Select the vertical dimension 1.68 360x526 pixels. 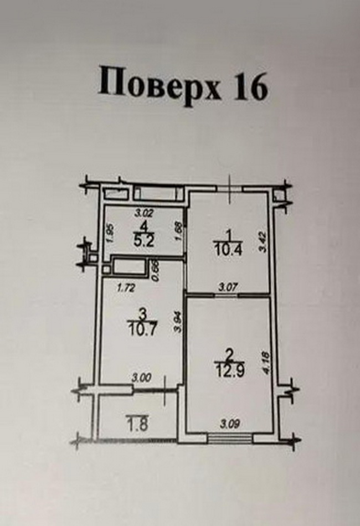[x=178, y=231]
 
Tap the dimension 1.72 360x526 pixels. [x=125, y=287]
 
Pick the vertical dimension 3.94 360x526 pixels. [x=178, y=321]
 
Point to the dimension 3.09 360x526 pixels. [x=230, y=425]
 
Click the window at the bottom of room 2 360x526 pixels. [x=230, y=439]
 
